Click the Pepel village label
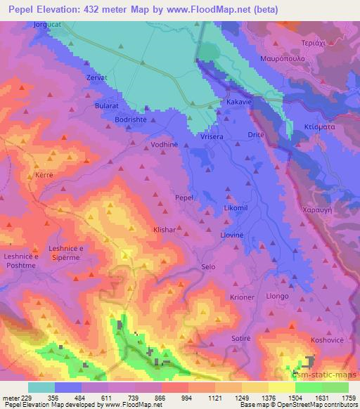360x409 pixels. pyautogui.click(x=184, y=199)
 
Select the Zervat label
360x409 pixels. pyautogui.click(x=96, y=77)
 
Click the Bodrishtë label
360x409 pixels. pyautogui.click(x=131, y=120)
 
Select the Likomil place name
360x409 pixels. pyautogui.click(x=236, y=211)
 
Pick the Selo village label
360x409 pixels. pyautogui.click(x=208, y=267)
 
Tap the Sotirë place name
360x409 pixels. pyautogui.click(x=240, y=338)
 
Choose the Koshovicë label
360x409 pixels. pyautogui.click(x=327, y=339)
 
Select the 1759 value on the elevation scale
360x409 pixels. pyautogui.click(x=347, y=397)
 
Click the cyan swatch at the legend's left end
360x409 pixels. pyautogui.click(x=41, y=387)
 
